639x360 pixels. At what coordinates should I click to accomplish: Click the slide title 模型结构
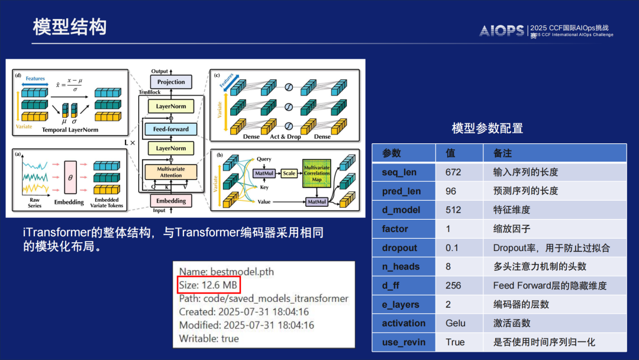point(69,27)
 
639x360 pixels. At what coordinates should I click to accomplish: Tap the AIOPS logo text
point(501,31)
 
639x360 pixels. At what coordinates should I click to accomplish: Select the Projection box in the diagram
point(171,82)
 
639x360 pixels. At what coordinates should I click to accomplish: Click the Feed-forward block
point(171,128)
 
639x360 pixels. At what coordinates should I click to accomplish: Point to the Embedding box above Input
point(171,201)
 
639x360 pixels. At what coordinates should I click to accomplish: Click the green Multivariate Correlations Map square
point(317,172)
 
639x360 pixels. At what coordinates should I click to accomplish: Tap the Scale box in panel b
point(288,173)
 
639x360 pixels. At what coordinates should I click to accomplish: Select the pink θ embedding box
point(71,177)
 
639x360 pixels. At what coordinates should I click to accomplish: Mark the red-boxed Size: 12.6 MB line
point(208,285)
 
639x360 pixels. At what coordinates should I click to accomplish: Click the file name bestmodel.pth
point(227,272)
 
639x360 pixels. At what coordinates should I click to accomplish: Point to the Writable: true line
point(209,339)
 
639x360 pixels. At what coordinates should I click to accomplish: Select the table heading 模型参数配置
point(487,128)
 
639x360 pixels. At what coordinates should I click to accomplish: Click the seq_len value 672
point(453,172)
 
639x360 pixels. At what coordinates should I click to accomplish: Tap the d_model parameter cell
point(401,210)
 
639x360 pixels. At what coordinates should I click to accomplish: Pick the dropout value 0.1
point(451,248)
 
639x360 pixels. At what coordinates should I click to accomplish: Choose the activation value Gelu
point(456,323)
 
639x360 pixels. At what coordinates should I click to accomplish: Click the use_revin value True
point(455,342)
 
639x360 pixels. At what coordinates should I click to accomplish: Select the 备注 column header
point(502,153)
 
